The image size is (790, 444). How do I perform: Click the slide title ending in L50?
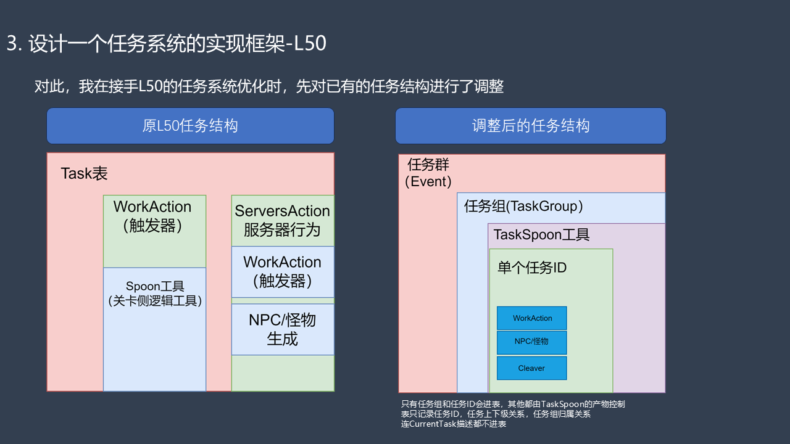click(x=167, y=43)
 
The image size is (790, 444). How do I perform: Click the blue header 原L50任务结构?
click(x=191, y=126)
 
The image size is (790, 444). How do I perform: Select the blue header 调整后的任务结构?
click(x=531, y=126)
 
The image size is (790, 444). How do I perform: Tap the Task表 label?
click(x=84, y=173)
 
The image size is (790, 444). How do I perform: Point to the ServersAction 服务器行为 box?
click(x=283, y=221)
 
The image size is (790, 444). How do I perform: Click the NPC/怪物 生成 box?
click(x=283, y=329)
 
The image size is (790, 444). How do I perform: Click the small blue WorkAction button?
click(x=532, y=318)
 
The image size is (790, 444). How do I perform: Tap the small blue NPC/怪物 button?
click(x=532, y=342)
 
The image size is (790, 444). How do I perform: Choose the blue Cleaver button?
click(x=532, y=368)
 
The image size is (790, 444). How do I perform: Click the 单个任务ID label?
click(x=532, y=268)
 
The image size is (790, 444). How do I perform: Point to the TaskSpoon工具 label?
click(x=541, y=235)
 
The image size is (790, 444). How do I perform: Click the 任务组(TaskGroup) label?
click(x=523, y=207)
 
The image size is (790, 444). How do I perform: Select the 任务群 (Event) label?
click(x=428, y=173)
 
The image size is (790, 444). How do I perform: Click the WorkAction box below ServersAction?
click(x=283, y=272)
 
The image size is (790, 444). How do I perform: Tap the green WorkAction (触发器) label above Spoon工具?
click(x=152, y=216)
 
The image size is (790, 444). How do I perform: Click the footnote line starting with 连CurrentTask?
click(x=454, y=424)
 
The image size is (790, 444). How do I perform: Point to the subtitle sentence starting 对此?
click(x=269, y=87)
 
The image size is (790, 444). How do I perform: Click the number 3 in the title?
click(x=12, y=43)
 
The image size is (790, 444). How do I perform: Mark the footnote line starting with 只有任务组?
click(x=513, y=404)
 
